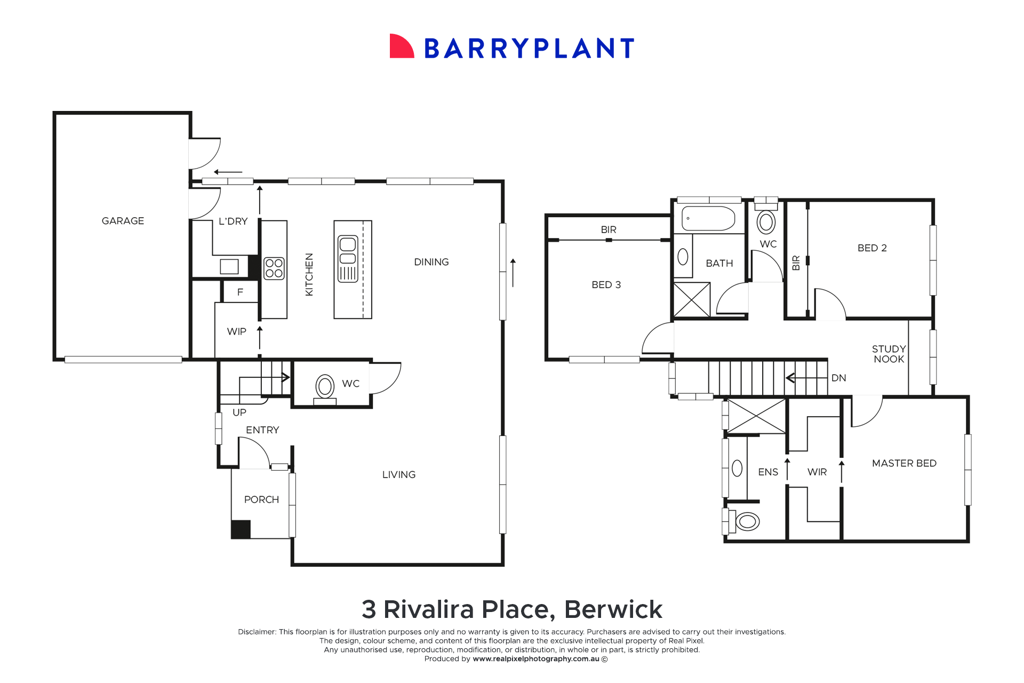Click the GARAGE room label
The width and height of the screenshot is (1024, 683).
pos(123,221)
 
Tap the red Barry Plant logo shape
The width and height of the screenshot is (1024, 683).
pos(401,47)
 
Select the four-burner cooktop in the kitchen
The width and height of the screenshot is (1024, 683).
pos(274,268)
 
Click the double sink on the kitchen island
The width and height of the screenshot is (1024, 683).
pos(348,259)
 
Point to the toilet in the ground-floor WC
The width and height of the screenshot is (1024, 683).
pos(325,388)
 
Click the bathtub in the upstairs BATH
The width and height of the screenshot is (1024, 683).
pos(708,218)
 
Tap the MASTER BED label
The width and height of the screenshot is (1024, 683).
pos(904,463)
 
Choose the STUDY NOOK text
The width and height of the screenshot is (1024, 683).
pos(889,354)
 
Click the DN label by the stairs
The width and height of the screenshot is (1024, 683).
pos(838,378)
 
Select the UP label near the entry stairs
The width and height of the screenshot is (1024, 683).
pos(239,412)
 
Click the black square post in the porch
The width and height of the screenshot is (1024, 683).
pos(241,529)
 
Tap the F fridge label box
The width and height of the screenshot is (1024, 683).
pos(240,292)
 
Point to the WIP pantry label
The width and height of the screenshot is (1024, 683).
pos(236,331)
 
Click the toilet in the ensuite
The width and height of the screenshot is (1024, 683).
pos(747,521)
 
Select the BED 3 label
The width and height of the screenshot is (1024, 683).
pos(606,284)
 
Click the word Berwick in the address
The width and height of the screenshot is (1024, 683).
pos(613,609)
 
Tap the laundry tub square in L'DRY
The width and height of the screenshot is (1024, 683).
pos(229,266)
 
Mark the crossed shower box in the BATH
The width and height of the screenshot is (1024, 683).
pos(692,300)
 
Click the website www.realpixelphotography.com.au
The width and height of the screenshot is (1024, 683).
pos(535,659)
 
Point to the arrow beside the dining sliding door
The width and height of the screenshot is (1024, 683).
pos(513,273)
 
